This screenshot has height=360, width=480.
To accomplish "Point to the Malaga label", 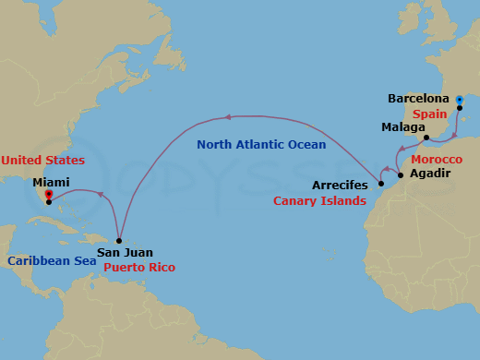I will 402,126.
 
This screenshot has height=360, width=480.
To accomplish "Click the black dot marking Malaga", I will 426,138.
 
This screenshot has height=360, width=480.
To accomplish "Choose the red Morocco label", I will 438,160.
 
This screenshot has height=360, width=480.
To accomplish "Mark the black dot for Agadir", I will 400,174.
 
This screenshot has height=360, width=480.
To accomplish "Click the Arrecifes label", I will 340,185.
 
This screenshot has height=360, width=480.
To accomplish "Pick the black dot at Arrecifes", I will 380,183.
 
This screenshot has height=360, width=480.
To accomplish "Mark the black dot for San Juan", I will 119,240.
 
